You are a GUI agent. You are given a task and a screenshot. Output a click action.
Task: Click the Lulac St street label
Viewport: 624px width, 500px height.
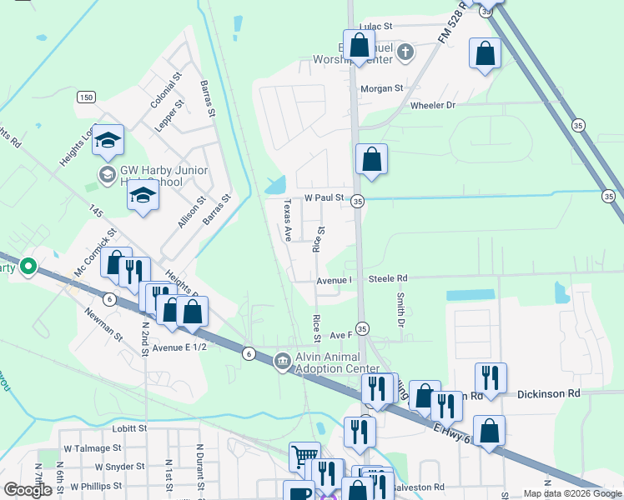coord(375,27)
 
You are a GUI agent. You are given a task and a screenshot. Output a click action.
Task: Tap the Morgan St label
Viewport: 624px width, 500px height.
coord(381,88)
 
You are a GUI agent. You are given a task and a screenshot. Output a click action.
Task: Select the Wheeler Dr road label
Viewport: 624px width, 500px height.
coord(433,106)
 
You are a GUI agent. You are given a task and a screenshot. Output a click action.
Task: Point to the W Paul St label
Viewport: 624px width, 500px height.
coord(324,198)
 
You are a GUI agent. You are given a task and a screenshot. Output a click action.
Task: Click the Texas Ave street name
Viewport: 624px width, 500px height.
coord(287,220)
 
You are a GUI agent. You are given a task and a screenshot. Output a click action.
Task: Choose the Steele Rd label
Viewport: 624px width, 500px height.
coord(388,279)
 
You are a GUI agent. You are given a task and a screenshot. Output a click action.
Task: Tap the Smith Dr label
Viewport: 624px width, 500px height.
coord(400,309)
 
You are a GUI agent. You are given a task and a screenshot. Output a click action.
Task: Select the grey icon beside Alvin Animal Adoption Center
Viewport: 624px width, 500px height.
coord(282,360)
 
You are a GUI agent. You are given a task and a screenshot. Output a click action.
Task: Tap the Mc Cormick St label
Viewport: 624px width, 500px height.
coord(92,255)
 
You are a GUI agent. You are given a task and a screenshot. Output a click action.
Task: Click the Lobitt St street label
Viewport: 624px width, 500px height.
coord(129,428)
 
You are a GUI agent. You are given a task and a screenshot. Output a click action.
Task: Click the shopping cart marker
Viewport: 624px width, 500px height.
coord(304,456)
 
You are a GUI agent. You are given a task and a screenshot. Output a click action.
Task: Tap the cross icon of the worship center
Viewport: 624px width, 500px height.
coord(405,53)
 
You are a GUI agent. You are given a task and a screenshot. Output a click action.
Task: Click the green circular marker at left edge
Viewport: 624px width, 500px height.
coord(28,267)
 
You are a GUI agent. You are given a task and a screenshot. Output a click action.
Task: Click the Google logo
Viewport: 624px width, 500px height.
coord(28,490)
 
